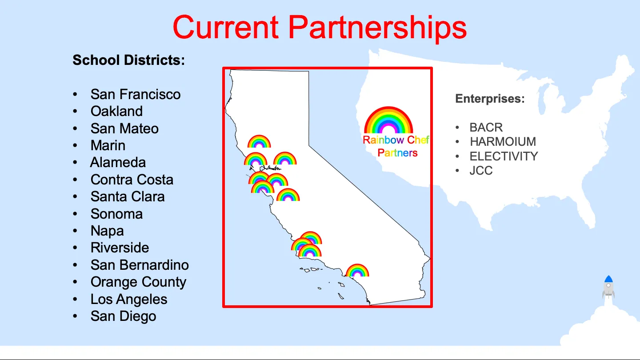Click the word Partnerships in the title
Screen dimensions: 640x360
tap(377, 28)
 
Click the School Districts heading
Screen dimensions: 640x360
tap(128, 60)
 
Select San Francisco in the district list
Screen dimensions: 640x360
tap(136, 94)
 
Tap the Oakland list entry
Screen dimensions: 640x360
tap(116, 111)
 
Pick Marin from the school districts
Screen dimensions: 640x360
tap(108, 145)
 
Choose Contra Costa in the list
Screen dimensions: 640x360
tap(132, 180)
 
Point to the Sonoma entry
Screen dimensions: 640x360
tap(116, 214)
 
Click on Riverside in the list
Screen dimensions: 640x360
tap(120, 248)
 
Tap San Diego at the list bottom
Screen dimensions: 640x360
tap(124, 316)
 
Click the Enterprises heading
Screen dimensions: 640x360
tap(490, 99)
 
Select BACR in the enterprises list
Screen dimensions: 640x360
tap(486, 128)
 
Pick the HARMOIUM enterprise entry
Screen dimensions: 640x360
tap(503, 142)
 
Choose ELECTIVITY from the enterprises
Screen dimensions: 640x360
tap(504, 156)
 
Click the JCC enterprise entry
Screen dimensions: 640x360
tap(481, 171)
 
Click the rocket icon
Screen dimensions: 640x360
tap(608, 287)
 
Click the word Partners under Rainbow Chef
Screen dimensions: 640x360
tap(397, 153)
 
